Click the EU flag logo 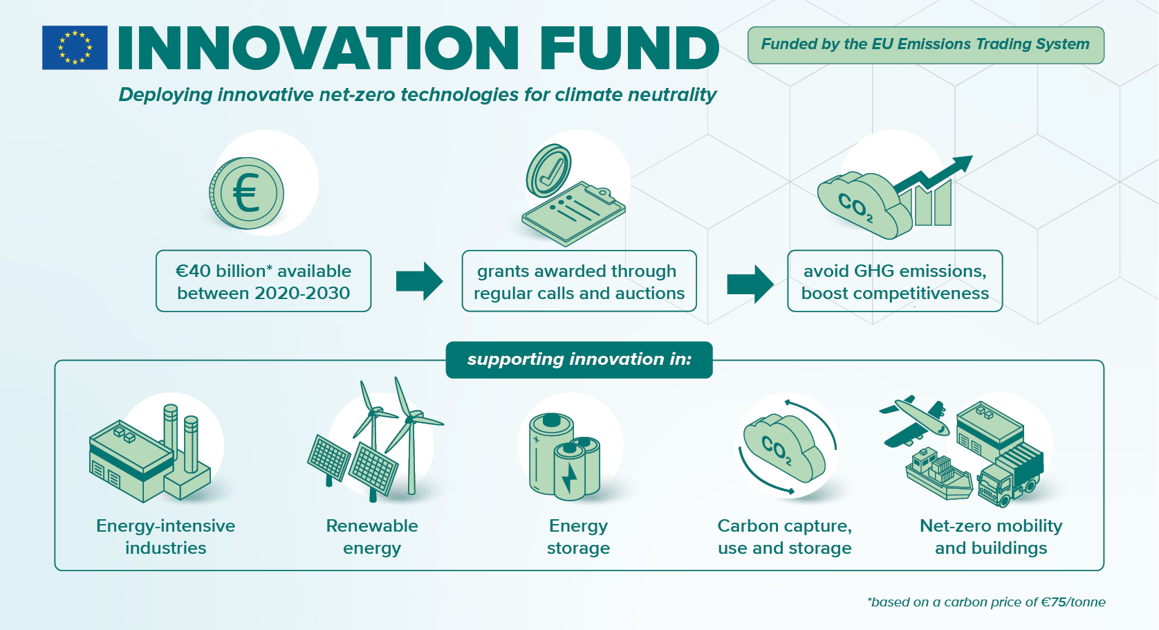coord(75,48)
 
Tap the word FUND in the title coord(629,48)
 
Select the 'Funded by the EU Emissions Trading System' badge coord(925,45)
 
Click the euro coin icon coord(247,193)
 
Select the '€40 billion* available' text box coord(263,281)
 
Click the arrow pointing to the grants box coord(419,281)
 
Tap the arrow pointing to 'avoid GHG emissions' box coord(750,284)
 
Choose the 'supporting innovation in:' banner coord(579,359)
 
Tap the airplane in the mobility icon coord(914,420)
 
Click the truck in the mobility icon coord(1010,474)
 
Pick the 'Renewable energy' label coord(372,537)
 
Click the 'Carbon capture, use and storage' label coord(784,537)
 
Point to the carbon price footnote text coord(986,602)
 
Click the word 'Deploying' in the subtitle coord(165,95)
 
